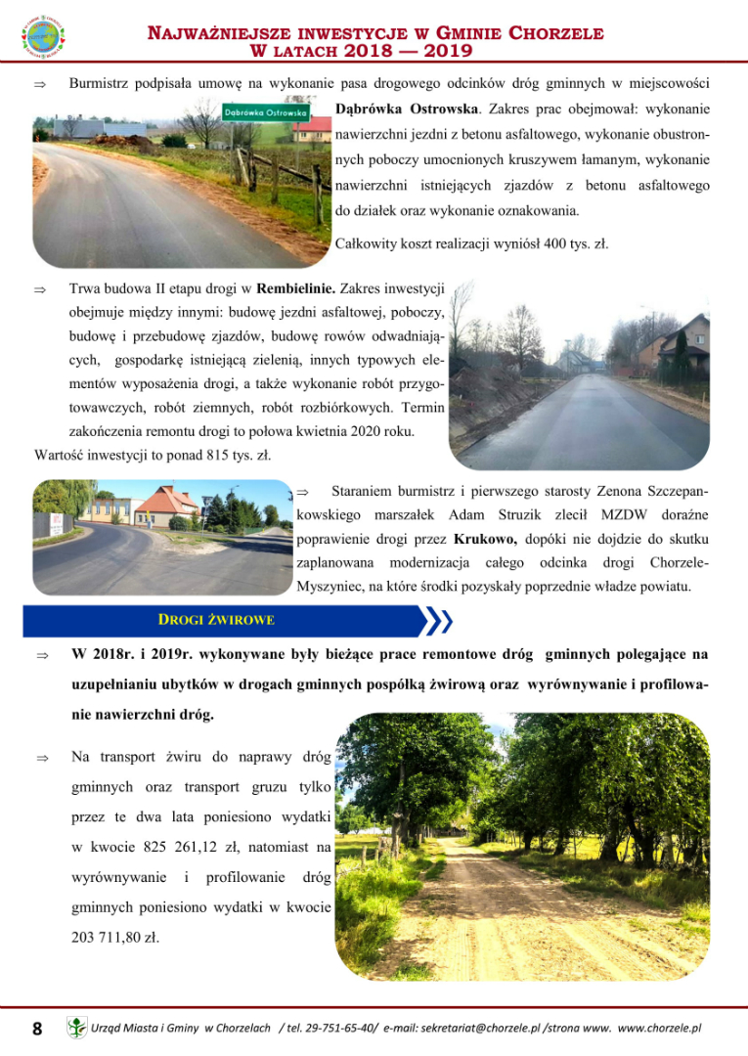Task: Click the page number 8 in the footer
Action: click(x=37, y=1028)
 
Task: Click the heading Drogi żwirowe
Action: click(x=216, y=619)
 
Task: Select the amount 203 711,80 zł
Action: click(x=115, y=936)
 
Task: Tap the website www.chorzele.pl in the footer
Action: click(x=660, y=1029)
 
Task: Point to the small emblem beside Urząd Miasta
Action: click(x=76, y=1028)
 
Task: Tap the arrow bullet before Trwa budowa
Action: click(x=40, y=289)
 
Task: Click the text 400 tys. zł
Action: click(x=576, y=243)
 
